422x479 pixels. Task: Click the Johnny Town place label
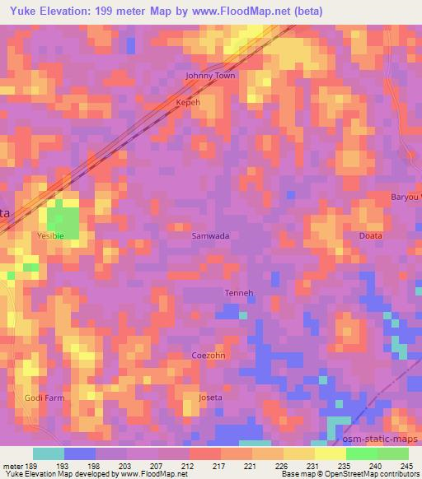210,76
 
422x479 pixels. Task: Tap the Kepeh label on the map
188,103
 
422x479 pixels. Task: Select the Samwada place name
210,235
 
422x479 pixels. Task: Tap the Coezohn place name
209,356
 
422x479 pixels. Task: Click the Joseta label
211,398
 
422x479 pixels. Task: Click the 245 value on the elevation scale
406,466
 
